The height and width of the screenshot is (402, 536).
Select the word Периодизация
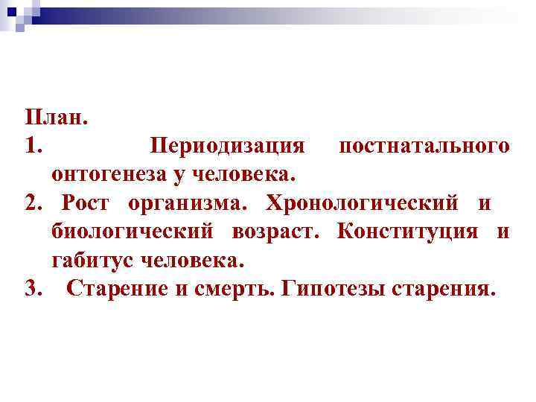227,147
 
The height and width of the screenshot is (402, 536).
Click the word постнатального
424,145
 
